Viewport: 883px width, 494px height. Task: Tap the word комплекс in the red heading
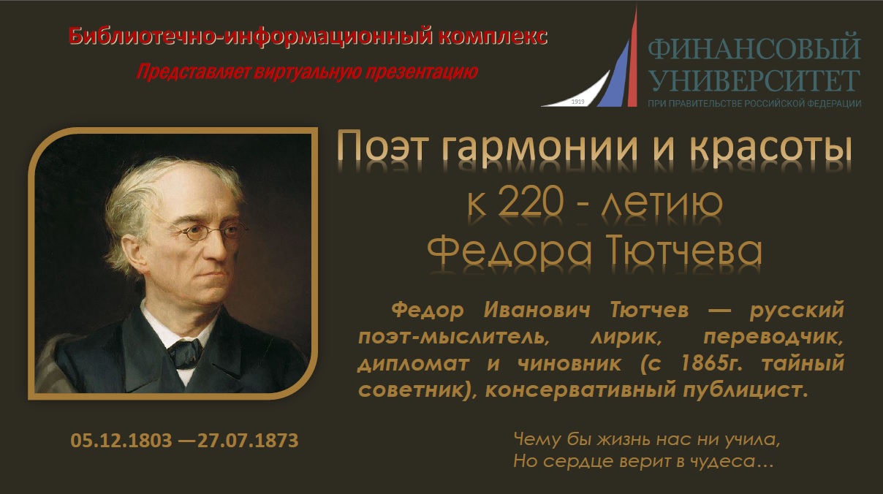[493, 37]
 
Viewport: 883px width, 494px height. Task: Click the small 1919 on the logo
[577, 102]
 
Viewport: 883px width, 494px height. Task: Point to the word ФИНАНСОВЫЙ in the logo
[754, 47]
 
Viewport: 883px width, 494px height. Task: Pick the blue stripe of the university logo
[615, 77]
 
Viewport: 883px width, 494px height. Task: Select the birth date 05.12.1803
[121, 440]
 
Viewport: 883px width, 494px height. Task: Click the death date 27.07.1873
[248, 440]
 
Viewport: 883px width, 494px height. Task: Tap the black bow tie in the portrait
[185, 352]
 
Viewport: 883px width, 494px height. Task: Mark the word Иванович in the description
[537, 310]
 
